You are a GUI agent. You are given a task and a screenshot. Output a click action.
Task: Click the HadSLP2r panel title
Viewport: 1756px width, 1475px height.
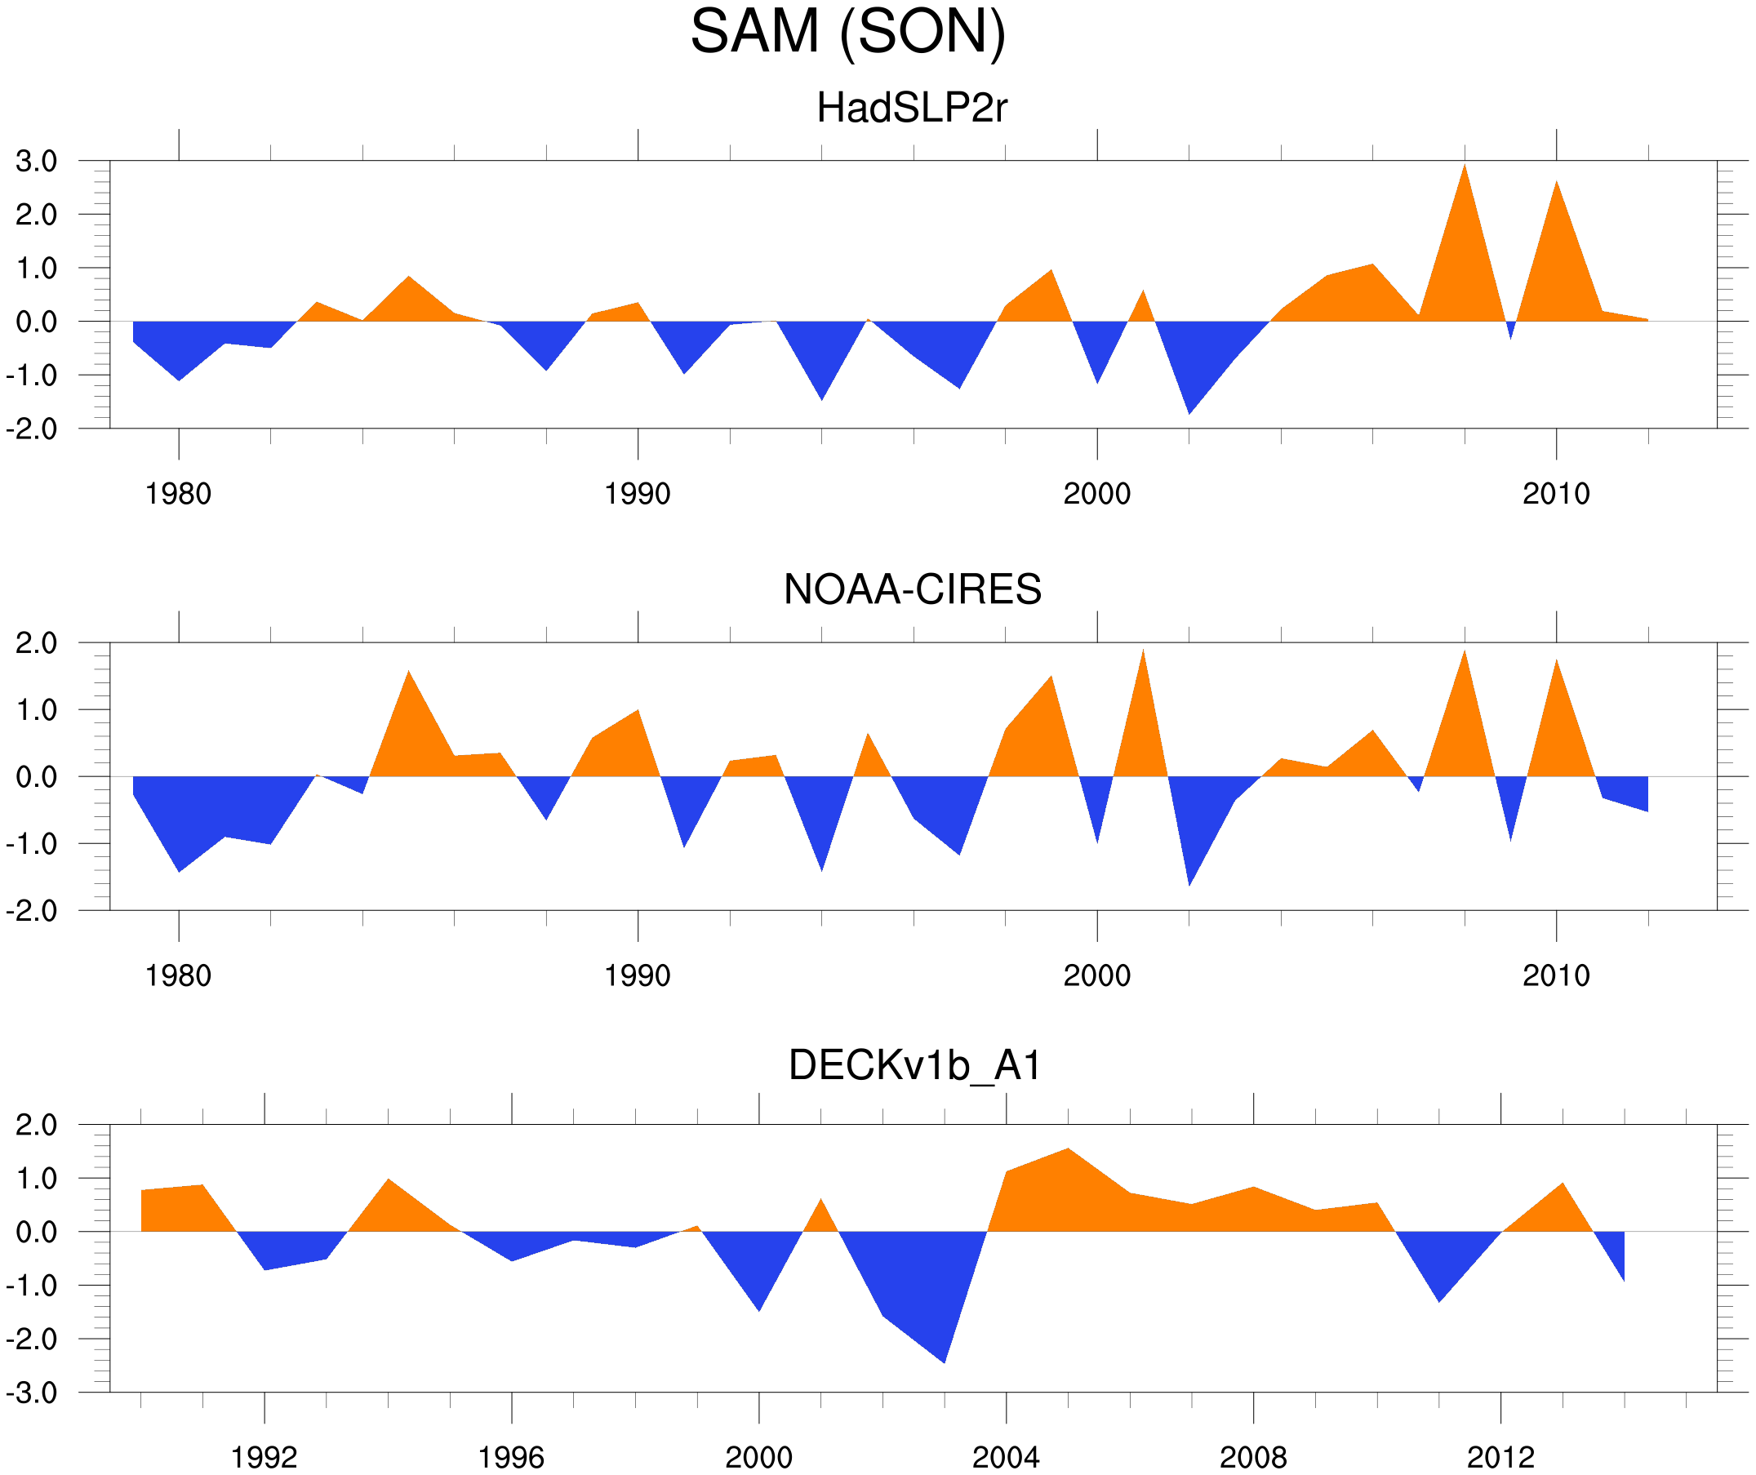[x=911, y=109]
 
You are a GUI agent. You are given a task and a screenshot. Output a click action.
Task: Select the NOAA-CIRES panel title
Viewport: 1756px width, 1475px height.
[x=912, y=589]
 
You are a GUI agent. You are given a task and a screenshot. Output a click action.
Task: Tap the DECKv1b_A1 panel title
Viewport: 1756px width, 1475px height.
[x=915, y=1066]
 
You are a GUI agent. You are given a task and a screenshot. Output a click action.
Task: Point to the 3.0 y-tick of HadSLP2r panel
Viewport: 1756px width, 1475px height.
[x=36, y=162]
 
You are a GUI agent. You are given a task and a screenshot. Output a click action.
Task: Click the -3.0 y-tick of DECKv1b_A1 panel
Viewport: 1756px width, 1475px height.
[x=32, y=1393]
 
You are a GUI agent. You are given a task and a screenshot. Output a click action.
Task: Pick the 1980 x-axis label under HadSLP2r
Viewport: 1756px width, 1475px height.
[x=178, y=494]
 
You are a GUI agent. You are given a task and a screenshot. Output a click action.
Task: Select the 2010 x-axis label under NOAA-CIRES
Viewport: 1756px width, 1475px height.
[x=1555, y=975]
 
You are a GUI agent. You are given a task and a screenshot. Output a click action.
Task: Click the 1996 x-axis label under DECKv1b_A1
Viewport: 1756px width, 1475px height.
[x=511, y=1457]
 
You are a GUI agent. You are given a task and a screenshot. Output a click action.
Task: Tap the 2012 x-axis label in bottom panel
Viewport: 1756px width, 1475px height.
[x=1500, y=1457]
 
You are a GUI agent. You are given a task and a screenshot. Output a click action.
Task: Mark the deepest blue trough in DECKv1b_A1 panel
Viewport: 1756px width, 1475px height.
[x=944, y=1362]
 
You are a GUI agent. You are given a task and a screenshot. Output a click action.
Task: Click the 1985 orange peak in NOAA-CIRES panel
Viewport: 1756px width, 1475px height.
[x=408, y=674]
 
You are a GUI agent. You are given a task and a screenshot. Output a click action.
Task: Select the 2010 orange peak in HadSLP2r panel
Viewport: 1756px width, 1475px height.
[x=1556, y=184]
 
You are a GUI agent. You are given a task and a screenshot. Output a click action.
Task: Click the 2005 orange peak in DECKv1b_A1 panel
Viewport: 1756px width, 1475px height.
[x=1068, y=1151]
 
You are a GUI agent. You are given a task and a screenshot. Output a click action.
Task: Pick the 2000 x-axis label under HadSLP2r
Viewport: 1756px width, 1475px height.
[x=1096, y=494]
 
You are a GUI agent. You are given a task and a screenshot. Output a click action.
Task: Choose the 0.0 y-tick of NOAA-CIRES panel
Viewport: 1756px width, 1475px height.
[x=36, y=777]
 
